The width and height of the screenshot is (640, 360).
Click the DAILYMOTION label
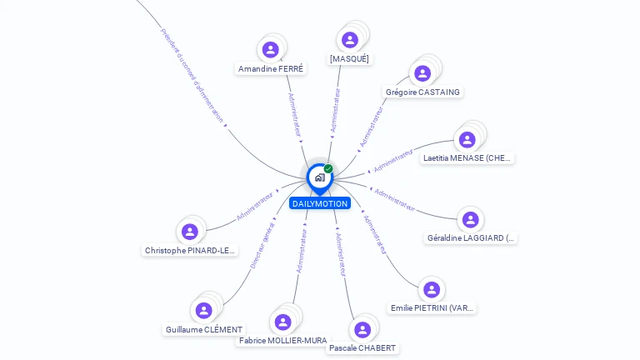pyautogui.click(x=320, y=203)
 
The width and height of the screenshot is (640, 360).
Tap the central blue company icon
pyautogui.click(x=319, y=177)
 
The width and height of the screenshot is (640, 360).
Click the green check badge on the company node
pyautogui.click(x=328, y=169)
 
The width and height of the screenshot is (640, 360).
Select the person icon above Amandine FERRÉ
pyautogui.click(x=270, y=50)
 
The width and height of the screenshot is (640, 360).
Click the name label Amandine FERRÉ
pyautogui.click(x=271, y=69)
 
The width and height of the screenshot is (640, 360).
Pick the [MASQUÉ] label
pyautogui.click(x=349, y=59)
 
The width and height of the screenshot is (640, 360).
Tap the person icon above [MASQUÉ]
pyautogui.click(x=350, y=39)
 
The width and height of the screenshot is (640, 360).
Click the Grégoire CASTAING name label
pyautogui.click(x=422, y=92)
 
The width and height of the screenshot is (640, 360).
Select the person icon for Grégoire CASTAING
pyautogui.click(x=422, y=73)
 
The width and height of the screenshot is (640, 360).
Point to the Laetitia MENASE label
pyautogui.click(x=467, y=158)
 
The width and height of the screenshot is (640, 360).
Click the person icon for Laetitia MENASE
pyautogui.click(x=467, y=139)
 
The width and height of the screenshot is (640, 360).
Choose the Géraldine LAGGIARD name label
pyautogui.click(x=471, y=238)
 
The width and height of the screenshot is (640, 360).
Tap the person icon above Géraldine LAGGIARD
pyautogui.click(x=471, y=219)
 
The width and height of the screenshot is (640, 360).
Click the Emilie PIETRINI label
pyautogui.click(x=432, y=308)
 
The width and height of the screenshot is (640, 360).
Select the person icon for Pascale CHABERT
pyautogui.click(x=362, y=329)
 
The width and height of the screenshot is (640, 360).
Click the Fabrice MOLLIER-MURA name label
pyautogui.click(x=282, y=341)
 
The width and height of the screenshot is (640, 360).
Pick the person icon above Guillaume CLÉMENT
pyautogui.click(x=204, y=311)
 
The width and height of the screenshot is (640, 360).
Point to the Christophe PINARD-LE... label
pyautogui.click(x=190, y=251)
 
